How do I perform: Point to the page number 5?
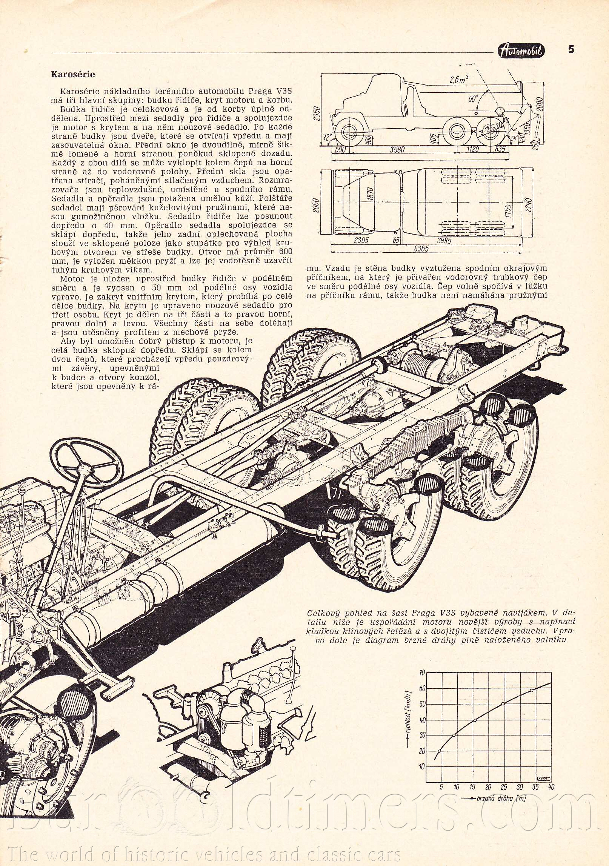[571, 49]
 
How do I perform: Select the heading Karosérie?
[73, 74]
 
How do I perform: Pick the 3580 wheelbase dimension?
[398, 150]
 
